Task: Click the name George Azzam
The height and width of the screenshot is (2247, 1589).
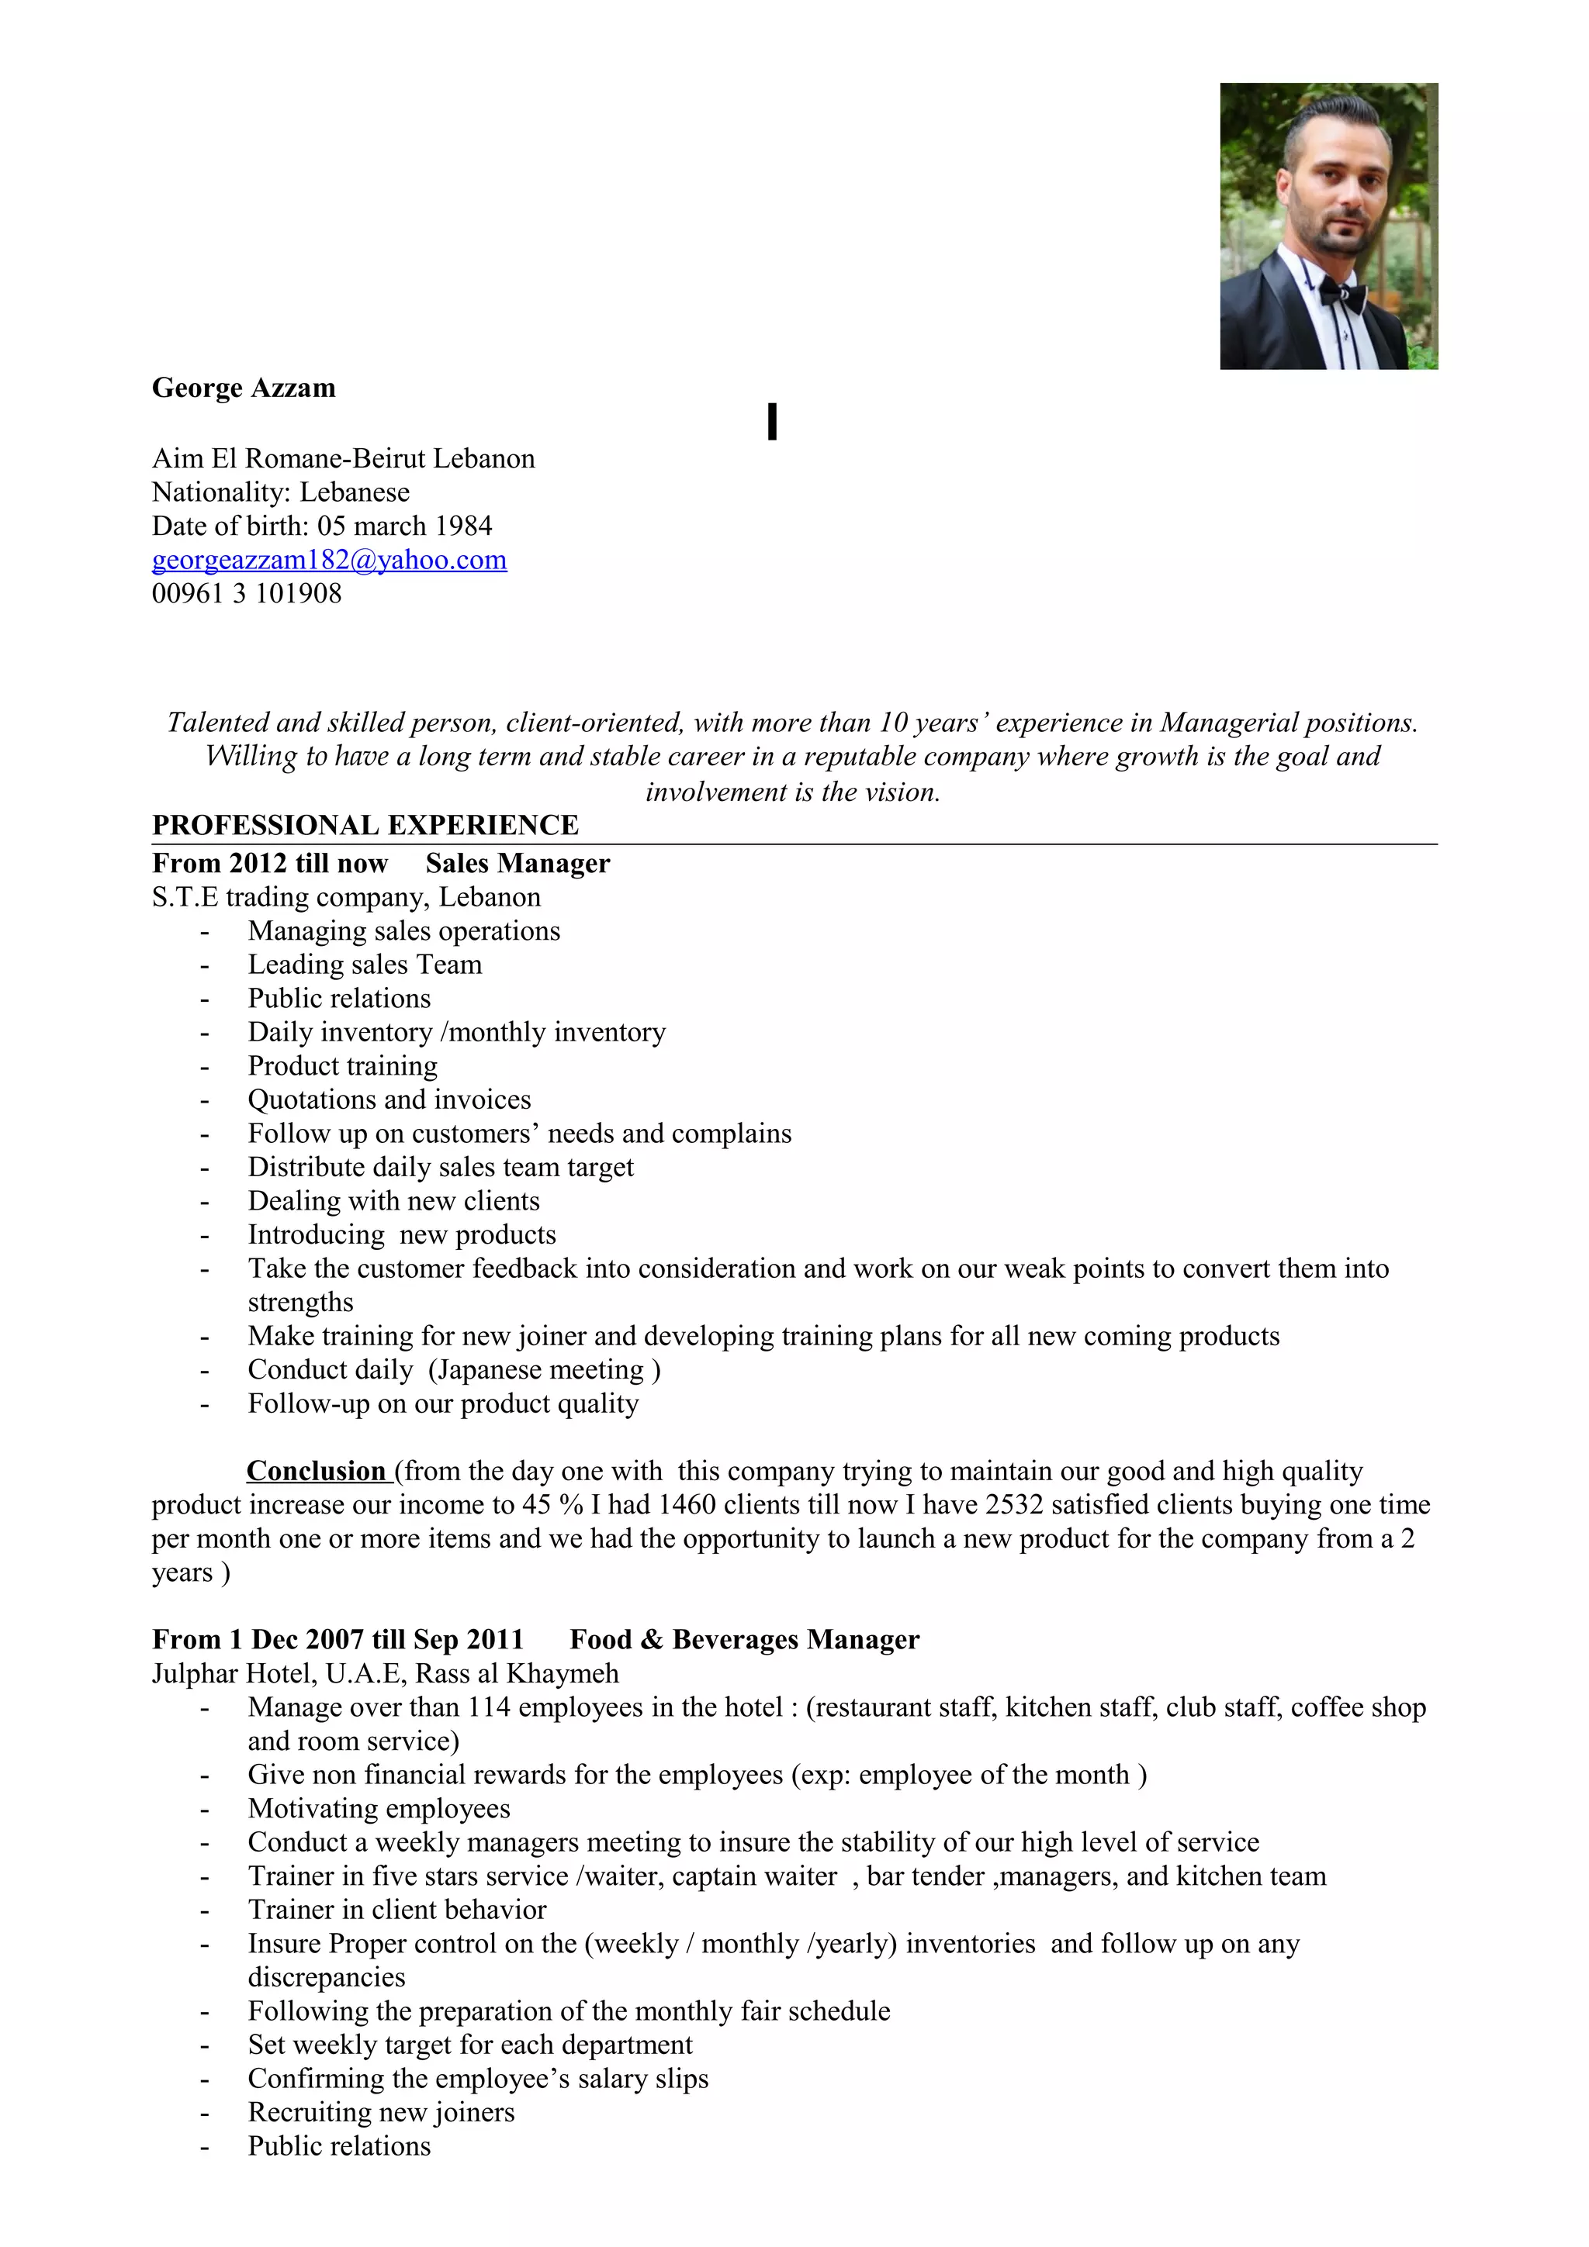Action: (243, 388)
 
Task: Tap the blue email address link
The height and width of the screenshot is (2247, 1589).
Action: (329, 560)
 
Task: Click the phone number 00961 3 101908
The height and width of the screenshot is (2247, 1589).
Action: (247, 593)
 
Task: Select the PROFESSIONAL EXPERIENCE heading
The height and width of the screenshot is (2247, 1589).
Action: (365, 825)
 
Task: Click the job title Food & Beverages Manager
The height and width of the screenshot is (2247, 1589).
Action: (744, 1639)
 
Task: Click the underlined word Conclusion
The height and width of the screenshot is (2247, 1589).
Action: (317, 1471)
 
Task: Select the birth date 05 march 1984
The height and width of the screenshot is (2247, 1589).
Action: (404, 526)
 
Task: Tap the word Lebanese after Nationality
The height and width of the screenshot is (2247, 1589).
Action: (355, 492)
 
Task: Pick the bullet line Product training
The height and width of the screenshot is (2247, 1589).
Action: (343, 1066)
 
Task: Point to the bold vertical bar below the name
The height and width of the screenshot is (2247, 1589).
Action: (773, 421)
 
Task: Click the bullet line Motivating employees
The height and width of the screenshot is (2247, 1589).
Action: (379, 1809)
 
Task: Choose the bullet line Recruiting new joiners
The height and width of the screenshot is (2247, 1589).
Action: (381, 2112)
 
